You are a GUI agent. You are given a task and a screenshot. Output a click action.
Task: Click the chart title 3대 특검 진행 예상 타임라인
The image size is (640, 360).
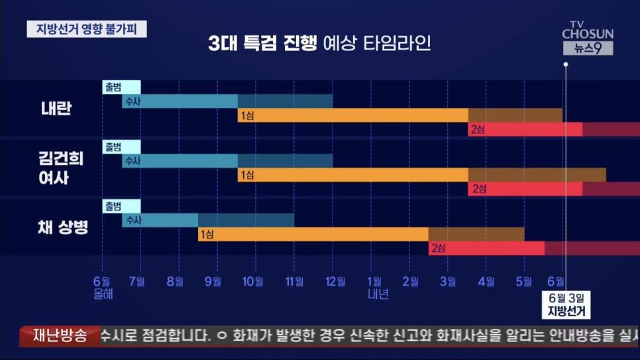point(319,44)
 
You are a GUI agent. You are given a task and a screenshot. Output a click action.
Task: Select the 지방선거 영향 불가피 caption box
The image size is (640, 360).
point(87,30)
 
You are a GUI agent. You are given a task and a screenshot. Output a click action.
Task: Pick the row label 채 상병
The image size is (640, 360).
point(63,227)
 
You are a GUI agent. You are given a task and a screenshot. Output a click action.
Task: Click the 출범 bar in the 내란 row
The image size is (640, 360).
point(121,87)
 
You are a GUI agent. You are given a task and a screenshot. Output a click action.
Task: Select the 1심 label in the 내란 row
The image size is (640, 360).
point(247,116)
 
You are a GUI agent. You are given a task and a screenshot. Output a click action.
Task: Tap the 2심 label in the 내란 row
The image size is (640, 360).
point(477,130)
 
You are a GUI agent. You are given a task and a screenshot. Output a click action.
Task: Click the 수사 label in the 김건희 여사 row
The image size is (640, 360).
point(133,161)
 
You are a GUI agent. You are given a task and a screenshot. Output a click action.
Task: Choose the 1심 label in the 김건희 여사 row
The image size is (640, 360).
point(247,175)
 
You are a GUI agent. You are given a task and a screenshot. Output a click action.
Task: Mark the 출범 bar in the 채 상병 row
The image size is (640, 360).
point(121,206)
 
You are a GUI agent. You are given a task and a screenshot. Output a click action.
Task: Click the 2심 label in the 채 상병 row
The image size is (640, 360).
point(438,249)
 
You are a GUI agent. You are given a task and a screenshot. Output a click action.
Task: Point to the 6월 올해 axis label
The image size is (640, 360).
point(103,288)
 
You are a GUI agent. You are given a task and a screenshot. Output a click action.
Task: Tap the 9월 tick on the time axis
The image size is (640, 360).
point(213,282)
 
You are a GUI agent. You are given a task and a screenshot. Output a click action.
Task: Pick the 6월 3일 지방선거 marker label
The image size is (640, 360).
point(566,304)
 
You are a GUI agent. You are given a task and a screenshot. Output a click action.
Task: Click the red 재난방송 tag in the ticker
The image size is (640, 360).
point(60,335)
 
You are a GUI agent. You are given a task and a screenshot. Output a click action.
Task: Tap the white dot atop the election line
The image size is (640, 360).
point(566,65)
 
